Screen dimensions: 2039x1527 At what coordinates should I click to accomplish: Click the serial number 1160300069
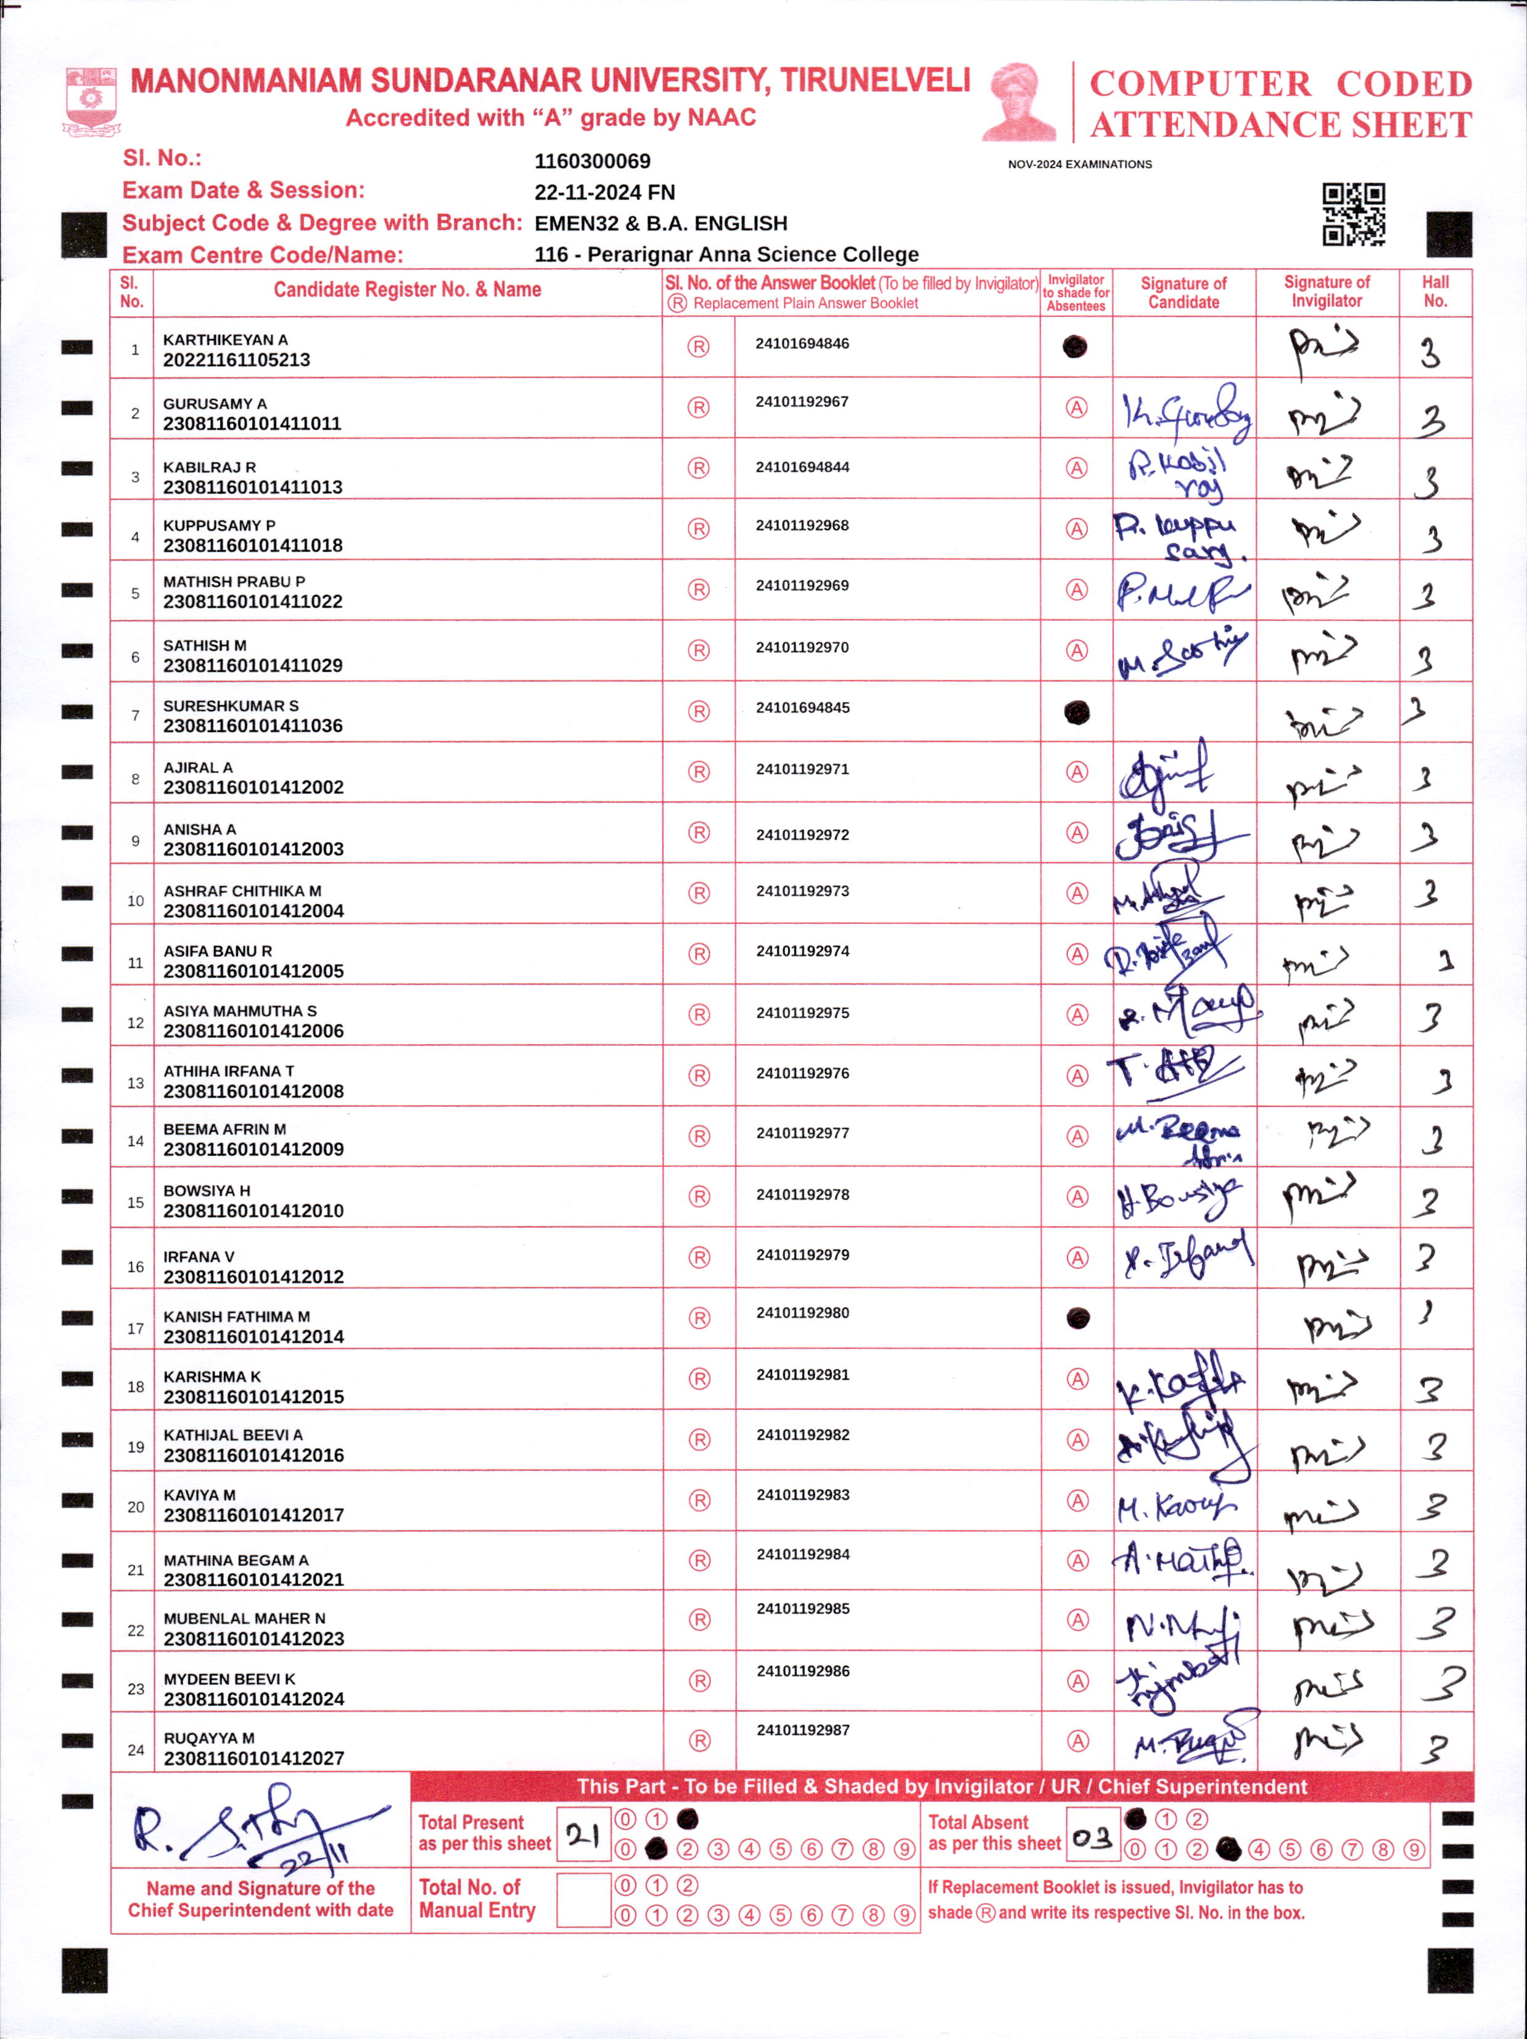click(592, 161)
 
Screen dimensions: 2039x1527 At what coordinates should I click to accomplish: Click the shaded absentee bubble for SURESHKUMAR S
click(1076, 712)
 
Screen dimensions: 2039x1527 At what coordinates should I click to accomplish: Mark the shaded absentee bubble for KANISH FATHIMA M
click(1077, 1318)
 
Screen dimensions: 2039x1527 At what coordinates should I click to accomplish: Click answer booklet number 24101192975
click(802, 1013)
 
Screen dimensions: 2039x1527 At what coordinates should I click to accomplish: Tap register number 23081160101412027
click(253, 1758)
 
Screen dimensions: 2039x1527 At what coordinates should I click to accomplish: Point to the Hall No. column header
click(1434, 292)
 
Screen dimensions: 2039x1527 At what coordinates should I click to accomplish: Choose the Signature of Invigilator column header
click(1326, 292)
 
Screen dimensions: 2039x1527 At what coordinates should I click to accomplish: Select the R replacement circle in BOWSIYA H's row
click(699, 1196)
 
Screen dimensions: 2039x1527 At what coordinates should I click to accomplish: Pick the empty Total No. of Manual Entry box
click(583, 1899)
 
